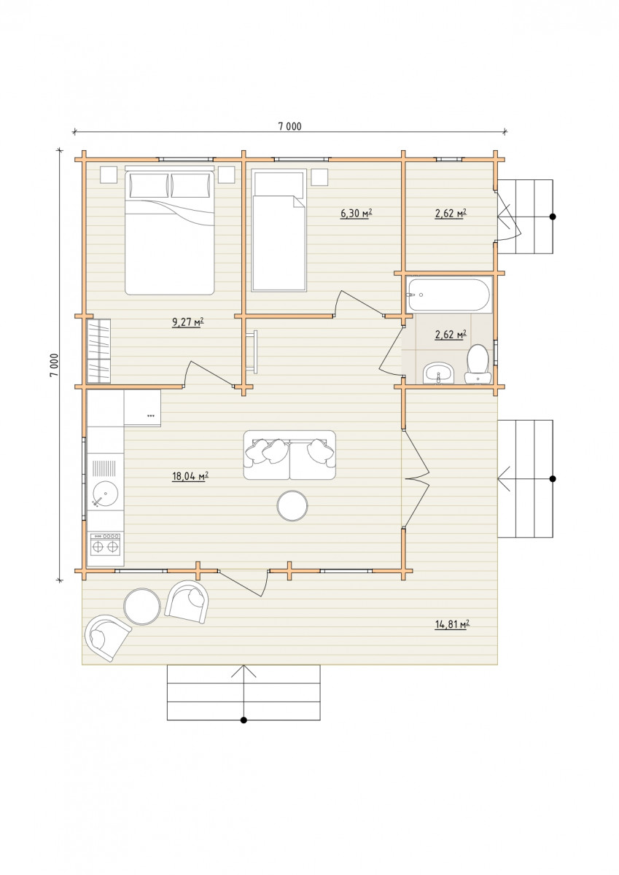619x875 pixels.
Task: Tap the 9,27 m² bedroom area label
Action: (188, 322)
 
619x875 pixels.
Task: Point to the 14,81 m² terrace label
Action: (452, 624)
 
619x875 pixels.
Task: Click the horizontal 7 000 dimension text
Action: (289, 126)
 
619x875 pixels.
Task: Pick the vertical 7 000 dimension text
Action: (54, 365)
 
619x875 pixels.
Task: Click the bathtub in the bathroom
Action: (448, 295)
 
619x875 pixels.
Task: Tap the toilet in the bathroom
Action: (478, 364)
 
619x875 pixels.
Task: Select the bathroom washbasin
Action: (438, 373)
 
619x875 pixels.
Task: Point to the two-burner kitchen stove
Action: (105, 544)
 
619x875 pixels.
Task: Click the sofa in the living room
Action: (289, 455)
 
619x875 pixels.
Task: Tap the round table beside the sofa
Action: (292, 506)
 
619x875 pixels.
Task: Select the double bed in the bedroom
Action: (170, 230)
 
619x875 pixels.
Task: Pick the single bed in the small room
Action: (279, 230)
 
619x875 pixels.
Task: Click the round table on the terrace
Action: (141, 606)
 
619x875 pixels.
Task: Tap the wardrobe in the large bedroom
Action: (99, 351)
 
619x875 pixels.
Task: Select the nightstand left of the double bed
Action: (109, 174)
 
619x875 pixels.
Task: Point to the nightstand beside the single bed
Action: (319, 176)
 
